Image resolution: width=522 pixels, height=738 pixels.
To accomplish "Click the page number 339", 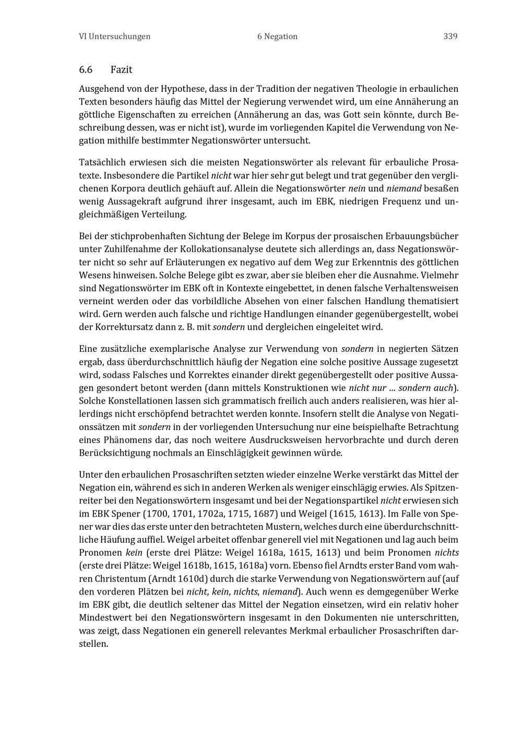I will coord(450,37).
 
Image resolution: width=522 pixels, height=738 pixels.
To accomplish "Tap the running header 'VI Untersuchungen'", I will coord(114,37).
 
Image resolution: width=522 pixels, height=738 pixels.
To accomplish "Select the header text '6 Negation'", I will coord(277,37).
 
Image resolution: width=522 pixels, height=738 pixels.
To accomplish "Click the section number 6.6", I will coord(86,70).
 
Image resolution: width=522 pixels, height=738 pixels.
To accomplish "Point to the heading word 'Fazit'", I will coord(121,70).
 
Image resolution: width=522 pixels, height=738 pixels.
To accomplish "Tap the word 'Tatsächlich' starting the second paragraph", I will coord(102,162).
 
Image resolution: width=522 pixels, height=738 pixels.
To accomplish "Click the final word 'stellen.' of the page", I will coord(93,644).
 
